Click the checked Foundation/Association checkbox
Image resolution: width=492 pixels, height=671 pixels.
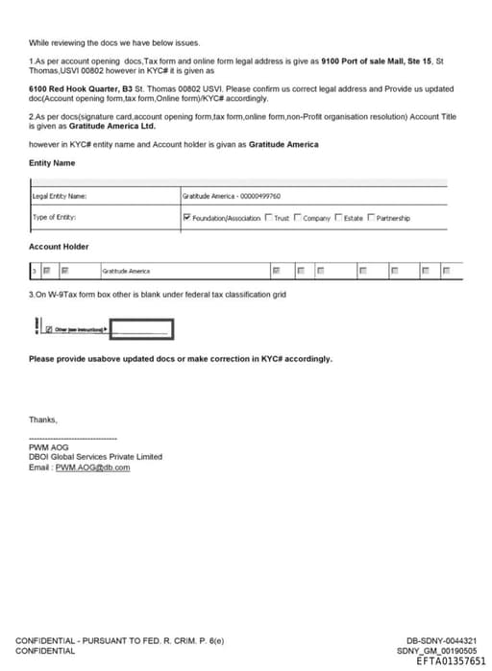coord(186,218)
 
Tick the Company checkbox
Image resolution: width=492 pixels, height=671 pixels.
coord(298,218)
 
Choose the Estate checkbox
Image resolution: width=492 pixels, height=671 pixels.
coord(338,218)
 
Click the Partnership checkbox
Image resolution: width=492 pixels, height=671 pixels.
coord(371,218)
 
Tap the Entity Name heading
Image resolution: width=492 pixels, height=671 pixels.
coord(52,163)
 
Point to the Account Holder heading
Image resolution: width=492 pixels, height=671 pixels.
coord(59,247)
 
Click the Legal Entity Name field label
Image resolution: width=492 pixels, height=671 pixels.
coord(60,197)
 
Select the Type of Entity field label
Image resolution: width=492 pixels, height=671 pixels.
coord(54,218)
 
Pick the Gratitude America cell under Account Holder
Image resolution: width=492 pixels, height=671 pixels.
coord(126,272)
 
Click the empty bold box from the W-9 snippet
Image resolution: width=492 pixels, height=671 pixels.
coord(141,330)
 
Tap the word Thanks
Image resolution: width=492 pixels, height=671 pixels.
coord(43,419)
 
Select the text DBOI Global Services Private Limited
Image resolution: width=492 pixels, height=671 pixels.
coord(96,457)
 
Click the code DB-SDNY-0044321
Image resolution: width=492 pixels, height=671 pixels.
coord(441,641)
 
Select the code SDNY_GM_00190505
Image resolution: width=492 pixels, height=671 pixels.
coord(436,651)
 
